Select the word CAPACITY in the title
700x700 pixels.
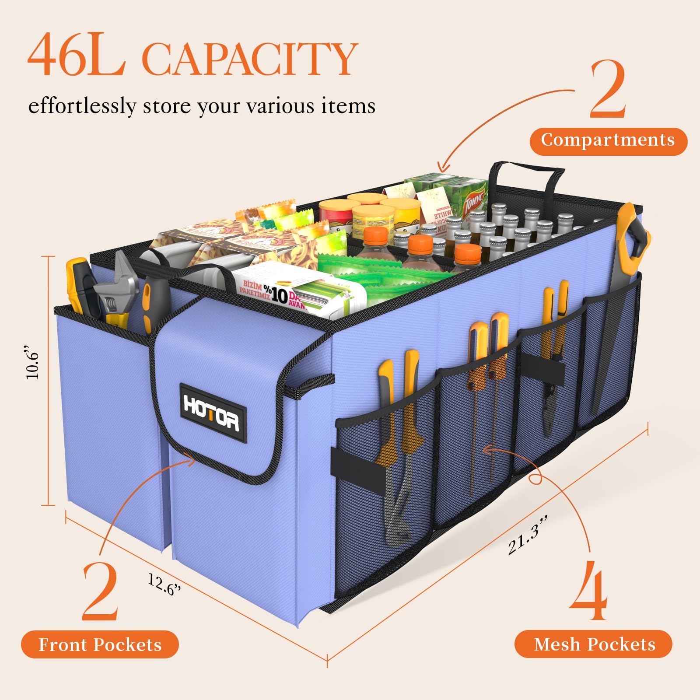coord(249,59)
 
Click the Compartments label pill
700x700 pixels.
coord(608,141)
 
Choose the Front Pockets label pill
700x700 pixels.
coord(100,644)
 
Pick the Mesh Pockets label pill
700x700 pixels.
coord(594,644)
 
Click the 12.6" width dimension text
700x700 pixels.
coord(164,584)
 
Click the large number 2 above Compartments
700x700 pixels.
coord(608,90)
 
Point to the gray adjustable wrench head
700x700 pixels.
coord(114,284)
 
